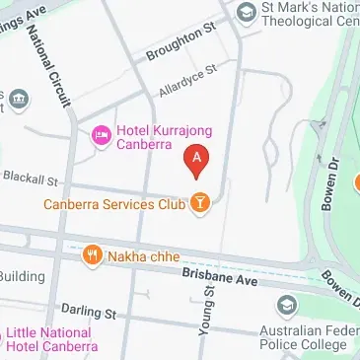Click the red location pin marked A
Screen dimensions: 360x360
[x=197, y=158]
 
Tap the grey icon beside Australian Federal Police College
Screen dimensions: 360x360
[x=287, y=305]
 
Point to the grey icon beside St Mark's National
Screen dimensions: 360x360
[x=247, y=12]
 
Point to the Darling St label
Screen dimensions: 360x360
[x=88, y=312]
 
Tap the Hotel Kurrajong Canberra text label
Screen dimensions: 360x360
[x=165, y=138]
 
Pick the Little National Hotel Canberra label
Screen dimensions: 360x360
[x=54, y=339]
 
